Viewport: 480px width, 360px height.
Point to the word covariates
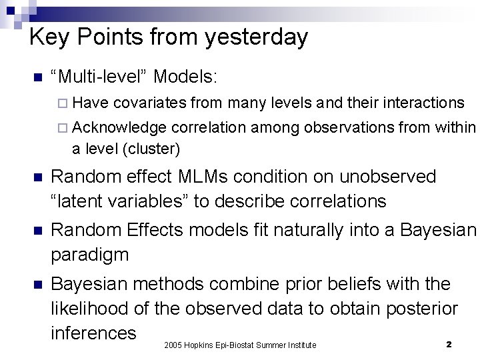click(150, 103)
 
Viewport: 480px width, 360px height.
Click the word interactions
click(418, 103)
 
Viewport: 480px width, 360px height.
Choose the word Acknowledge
click(120, 127)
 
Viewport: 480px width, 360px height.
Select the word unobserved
click(387, 177)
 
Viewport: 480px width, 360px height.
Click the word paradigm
click(90, 254)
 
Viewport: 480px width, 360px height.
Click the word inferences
click(94, 333)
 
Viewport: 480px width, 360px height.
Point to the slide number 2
click(449, 344)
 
